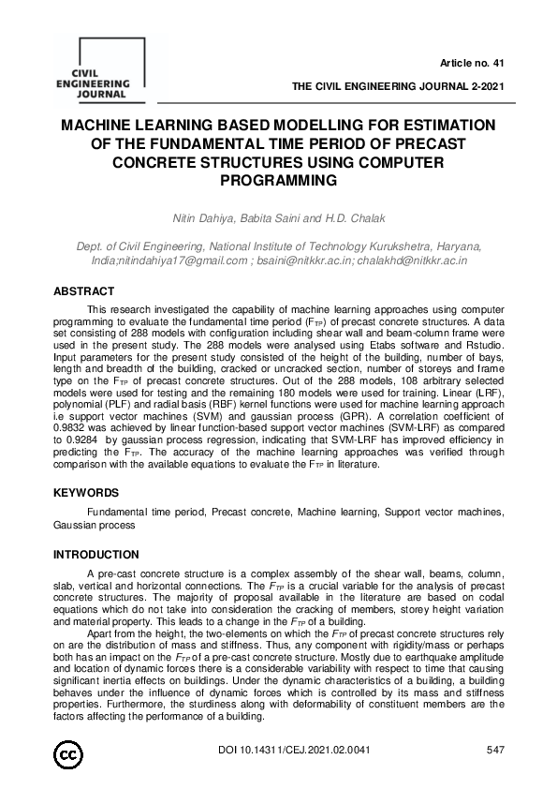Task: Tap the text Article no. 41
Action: click(x=472, y=64)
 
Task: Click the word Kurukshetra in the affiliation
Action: click(x=403, y=246)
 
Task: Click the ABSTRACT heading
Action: click(x=83, y=291)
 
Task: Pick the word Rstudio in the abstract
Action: click(x=484, y=346)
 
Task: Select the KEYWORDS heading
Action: click(x=86, y=492)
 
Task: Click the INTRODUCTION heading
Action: click(x=96, y=554)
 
